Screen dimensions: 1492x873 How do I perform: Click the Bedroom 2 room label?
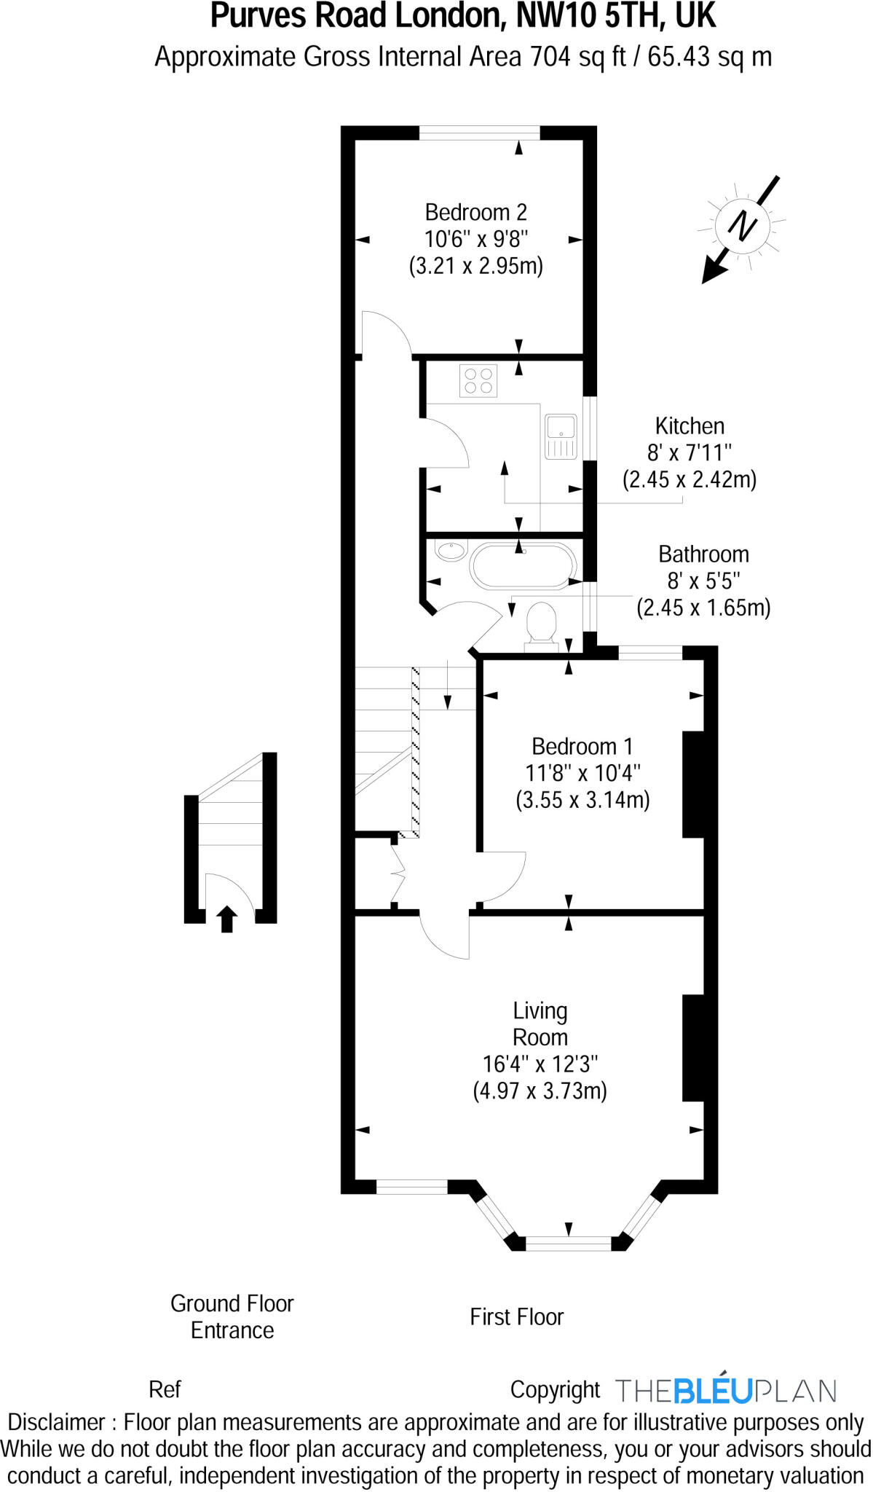pos(475,212)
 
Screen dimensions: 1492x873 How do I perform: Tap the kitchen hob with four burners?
pos(478,381)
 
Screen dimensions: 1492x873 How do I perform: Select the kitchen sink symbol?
pos(561,436)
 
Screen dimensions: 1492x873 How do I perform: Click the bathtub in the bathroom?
pos(523,565)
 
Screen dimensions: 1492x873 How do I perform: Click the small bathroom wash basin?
pos(451,551)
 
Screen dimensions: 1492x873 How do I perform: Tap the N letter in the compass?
pos(743,225)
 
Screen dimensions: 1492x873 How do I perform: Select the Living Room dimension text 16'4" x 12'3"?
pos(540,1064)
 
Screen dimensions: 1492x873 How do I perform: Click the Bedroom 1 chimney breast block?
pos(692,785)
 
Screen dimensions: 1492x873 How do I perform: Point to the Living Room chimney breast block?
pos(692,1047)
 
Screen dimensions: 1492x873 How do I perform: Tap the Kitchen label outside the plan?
pos(689,426)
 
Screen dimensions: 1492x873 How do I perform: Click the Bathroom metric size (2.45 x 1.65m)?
pos(703,608)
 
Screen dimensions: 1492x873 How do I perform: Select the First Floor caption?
pos(516,1316)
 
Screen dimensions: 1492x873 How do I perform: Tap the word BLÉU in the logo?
pos(712,1390)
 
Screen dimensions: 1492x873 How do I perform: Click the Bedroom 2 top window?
pos(479,133)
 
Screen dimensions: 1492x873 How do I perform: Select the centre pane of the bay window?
pos(568,1243)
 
